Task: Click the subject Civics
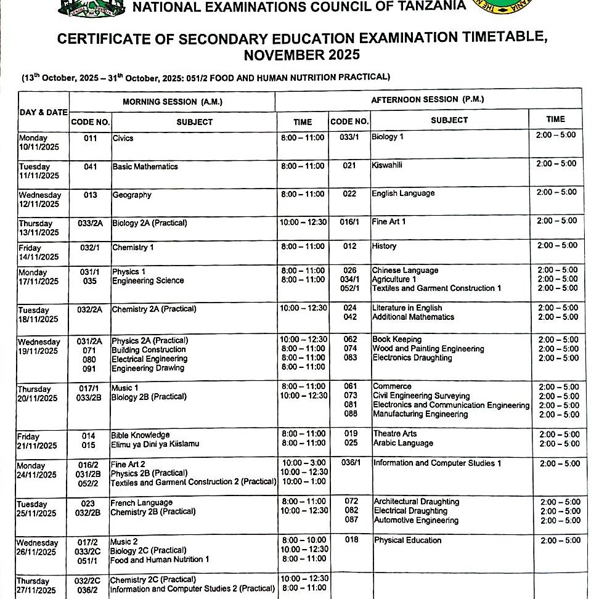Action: [x=123, y=138]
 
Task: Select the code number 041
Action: [x=90, y=166]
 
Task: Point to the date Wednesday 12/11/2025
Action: [x=39, y=200]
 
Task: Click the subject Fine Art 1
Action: [x=388, y=221]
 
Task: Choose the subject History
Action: [x=384, y=246]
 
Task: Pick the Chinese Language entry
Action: [x=405, y=270]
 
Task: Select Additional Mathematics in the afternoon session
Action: [x=413, y=317]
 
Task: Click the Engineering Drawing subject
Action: [x=147, y=368]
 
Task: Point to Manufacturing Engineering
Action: [x=420, y=414]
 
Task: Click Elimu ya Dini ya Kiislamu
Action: [x=155, y=444]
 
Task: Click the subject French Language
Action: [x=141, y=502]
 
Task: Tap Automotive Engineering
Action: [x=416, y=520]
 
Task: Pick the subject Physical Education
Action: [x=407, y=540]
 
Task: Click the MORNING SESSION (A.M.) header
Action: [x=172, y=102]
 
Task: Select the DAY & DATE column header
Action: [x=43, y=112]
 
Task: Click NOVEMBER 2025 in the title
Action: [x=301, y=55]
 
